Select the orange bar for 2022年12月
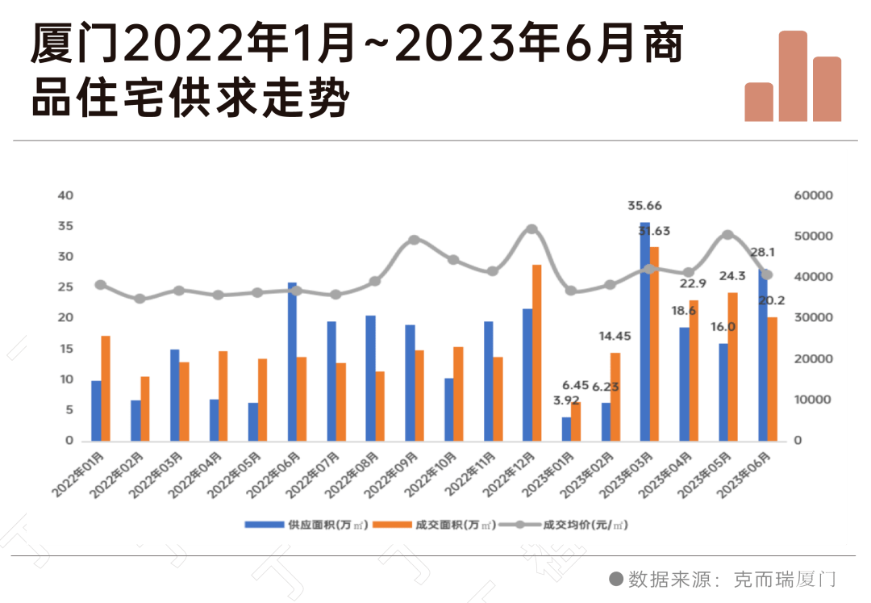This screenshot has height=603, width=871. [537, 352]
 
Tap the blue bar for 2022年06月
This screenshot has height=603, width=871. [292, 362]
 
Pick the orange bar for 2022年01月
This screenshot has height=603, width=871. [106, 388]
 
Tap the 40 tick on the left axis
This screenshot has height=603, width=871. [65, 195]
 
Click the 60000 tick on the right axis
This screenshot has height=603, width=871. [814, 195]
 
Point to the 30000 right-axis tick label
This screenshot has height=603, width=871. [814, 318]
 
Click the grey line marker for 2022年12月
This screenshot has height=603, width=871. [531, 229]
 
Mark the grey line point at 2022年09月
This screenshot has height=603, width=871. [414, 240]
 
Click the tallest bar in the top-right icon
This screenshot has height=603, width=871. [793, 77]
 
